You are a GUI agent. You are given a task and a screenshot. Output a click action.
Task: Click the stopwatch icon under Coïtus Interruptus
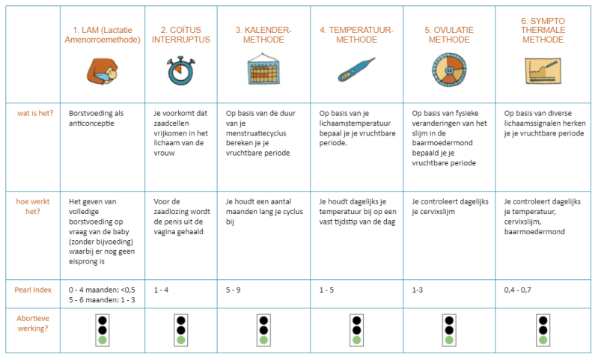click(180, 70)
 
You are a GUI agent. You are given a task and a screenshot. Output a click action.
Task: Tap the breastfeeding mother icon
click(103, 71)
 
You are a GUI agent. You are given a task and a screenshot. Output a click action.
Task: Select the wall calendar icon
click(263, 69)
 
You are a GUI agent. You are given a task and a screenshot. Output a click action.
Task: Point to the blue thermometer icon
click(356, 70)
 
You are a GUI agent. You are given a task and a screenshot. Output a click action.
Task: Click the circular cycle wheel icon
click(449, 70)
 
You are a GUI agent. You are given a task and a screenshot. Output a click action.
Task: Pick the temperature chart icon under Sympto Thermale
click(543, 71)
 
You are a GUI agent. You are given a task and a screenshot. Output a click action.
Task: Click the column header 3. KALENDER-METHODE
click(263, 34)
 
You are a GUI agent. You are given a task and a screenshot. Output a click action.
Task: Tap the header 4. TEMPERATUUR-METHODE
click(356, 34)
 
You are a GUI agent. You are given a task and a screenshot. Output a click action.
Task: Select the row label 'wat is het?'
click(35, 113)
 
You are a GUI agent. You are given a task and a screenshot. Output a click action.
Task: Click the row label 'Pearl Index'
click(33, 290)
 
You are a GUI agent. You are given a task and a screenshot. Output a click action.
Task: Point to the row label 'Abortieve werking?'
click(33, 323)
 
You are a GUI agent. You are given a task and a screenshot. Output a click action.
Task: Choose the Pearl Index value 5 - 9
click(233, 290)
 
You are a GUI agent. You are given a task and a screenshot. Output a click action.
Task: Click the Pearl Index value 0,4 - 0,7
click(517, 290)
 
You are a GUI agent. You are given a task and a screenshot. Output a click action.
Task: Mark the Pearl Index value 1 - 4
click(161, 290)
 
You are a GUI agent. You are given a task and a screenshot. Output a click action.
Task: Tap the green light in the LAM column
click(103, 340)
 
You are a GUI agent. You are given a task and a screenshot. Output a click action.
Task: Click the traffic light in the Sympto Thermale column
click(543, 330)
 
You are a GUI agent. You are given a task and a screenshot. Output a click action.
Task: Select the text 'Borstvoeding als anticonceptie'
click(96, 118)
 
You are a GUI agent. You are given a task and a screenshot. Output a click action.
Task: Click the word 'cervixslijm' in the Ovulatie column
click(433, 212)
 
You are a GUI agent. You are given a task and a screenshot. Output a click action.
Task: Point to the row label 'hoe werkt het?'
click(33, 207)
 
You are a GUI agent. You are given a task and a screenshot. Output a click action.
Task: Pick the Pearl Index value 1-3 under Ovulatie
click(417, 290)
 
